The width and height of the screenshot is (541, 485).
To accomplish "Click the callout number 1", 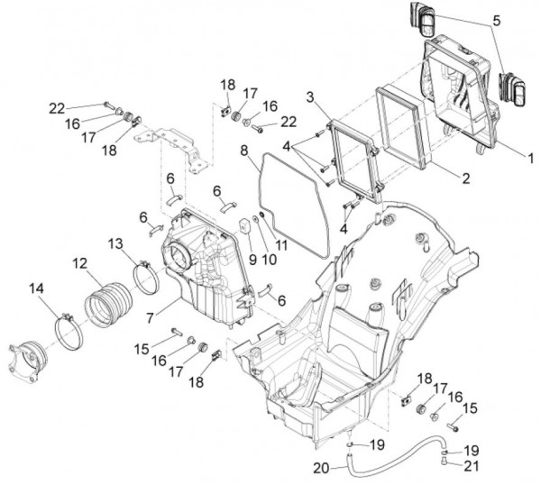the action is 530,159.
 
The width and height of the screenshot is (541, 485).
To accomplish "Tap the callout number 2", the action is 466,178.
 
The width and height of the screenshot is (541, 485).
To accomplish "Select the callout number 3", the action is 310,97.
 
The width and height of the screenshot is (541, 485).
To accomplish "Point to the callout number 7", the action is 150,317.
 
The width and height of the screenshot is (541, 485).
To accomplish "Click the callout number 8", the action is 244,151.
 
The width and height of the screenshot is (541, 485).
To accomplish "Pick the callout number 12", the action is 80,263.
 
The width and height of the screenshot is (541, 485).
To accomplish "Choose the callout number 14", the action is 37,288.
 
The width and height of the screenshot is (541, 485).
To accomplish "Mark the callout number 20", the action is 322,468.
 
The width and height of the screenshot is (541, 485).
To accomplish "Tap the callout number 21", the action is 472,466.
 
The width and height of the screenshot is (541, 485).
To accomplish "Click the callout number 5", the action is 496,21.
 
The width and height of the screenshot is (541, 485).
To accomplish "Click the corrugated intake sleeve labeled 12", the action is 108,304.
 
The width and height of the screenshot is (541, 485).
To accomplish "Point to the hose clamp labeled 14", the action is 69,331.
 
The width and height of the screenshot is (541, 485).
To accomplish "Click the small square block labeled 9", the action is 245,225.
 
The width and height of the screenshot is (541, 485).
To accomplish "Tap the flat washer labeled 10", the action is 256,219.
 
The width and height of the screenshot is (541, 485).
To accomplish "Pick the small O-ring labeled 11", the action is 261,215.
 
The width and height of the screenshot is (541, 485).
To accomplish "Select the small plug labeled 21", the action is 445,460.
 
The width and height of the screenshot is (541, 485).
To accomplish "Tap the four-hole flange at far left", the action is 28,361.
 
